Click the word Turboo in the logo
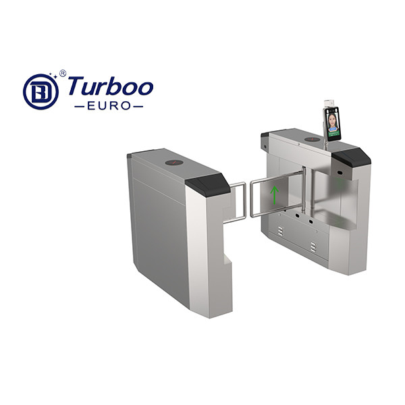click(x=111, y=86)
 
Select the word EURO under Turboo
click(x=109, y=106)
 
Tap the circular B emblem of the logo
click(x=40, y=92)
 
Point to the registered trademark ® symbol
click(x=63, y=74)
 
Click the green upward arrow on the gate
click(x=275, y=195)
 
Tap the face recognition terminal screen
click(x=332, y=124)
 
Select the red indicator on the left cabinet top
click(x=174, y=163)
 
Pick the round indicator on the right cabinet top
click(x=313, y=140)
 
